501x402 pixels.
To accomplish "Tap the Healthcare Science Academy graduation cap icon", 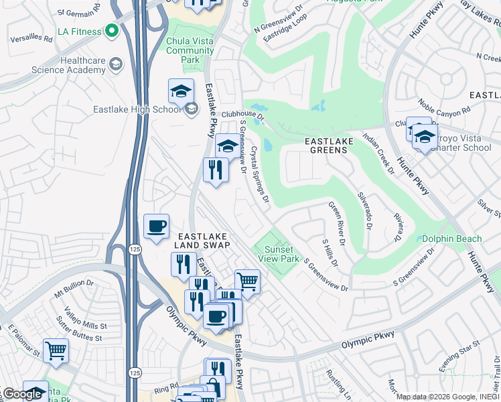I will pyautogui.click(x=115, y=64).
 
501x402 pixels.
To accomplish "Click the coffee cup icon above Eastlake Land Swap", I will pyautogui.click(x=157, y=226).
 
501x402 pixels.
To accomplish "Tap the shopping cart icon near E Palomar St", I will pyautogui.click(x=56, y=350).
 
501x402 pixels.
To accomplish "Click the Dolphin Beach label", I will pyautogui.click(x=450, y=239).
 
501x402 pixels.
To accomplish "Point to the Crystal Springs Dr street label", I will pyautogui.click(x=260, y=174).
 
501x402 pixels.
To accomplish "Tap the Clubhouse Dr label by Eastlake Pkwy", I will pyautogui.click(x=243, y=117).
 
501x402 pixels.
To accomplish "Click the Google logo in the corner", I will pyautogui.click(x=22, y=394).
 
